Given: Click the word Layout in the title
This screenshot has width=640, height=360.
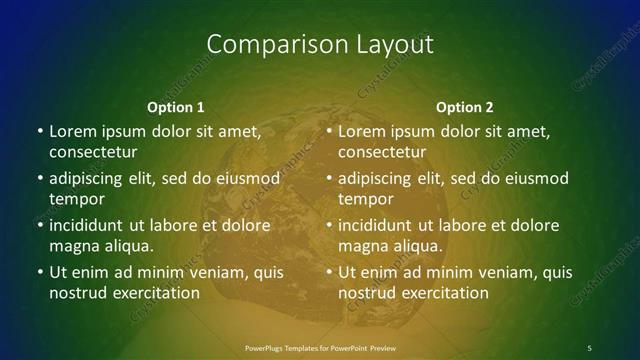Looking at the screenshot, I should pyautogui.click(x=388, y=45).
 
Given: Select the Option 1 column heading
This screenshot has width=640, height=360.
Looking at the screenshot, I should pyautogui.click(x=176, y=107).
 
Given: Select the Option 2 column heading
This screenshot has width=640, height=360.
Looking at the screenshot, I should pyautogui.click(x=465, y=107).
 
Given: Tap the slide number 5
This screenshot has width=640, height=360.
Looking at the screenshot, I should pyautogui.click(x=589, y=347).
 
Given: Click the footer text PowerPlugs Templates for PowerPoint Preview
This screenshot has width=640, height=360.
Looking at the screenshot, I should pyautogui.click(x=320, y=347).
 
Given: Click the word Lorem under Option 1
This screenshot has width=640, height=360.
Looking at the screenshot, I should pyautogui.click(x=72, y=131).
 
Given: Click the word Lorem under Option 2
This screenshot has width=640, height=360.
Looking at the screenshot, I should pyautogui.click(x=361, y=131).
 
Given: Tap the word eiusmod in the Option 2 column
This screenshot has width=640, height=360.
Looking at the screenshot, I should pyautogui.click(x=533, y=178).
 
